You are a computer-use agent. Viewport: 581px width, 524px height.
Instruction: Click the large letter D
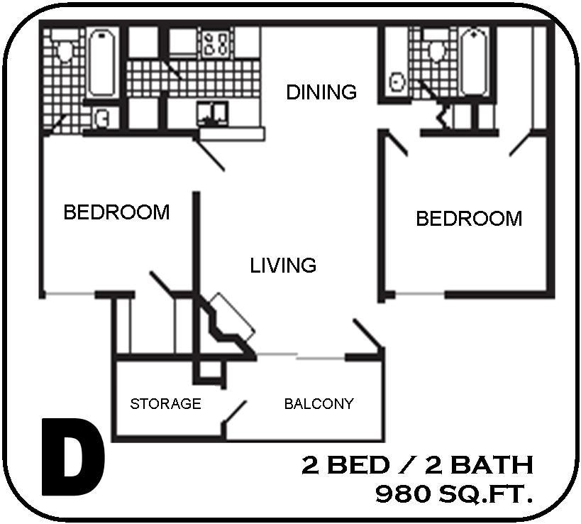72,458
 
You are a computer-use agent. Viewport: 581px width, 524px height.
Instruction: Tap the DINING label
321,92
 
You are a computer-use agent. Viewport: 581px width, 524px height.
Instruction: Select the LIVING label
283,266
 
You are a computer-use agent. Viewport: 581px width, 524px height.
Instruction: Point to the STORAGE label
165,404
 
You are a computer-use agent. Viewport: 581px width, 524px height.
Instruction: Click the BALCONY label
319,404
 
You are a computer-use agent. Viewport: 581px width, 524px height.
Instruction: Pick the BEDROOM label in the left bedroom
116,212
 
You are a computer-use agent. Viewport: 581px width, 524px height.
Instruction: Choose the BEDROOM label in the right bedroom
468,218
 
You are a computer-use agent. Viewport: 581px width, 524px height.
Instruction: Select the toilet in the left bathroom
66,50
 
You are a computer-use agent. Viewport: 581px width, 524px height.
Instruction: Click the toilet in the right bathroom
436,50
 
